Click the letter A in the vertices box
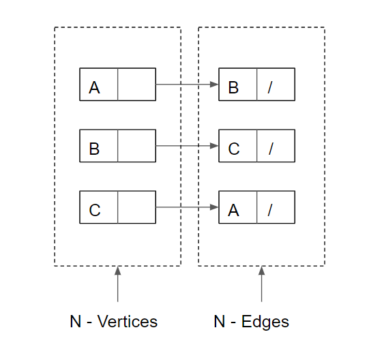tap(94, 87)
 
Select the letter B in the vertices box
tap(94, 149)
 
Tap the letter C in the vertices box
tap(95, 210)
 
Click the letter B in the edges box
tap(233, 87)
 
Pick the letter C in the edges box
tap(234, 149)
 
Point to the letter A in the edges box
tap(233, 210)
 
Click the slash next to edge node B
tap(270, 87)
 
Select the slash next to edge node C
tap(270, 149)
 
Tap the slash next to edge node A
tap(270, 210)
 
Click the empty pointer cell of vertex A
tap(136, 85)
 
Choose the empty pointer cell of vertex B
tap(136, 146)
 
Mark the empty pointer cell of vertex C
tap(136, 207)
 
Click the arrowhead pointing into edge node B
tap(214, 85)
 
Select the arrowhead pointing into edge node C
tap(214, 146)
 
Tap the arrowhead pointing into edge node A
tap(214, 207)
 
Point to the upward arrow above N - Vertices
tap(118, 283)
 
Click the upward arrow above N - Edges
tap(261, 283)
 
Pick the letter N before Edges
tap(219, 321)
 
